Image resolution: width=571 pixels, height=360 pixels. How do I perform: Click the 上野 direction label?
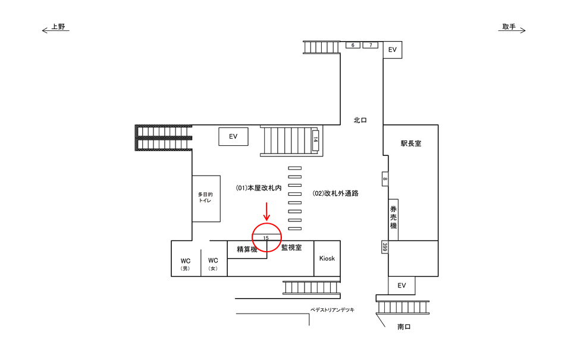tap(58, 27)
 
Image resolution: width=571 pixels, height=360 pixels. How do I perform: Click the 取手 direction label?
tap(509, 27)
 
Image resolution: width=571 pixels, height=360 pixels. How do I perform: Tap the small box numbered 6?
tap(353, 45)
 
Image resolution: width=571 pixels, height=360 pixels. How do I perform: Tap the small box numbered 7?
tap(371, 45)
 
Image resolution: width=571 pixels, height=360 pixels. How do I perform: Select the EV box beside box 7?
tap(393, 50)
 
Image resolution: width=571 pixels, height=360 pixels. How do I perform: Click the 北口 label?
tap(360, 120)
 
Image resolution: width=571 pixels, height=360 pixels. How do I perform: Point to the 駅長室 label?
tap(410, 143)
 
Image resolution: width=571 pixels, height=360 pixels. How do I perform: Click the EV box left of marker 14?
tap(233, 137)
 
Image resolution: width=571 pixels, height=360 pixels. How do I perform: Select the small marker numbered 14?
tap(315, 140)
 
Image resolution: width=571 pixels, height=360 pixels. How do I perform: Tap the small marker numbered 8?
tap(385, 179)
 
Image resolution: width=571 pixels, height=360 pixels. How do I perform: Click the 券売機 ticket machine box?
tap(393, 218)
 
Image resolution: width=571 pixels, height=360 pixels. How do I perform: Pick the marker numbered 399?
tap(385, 246)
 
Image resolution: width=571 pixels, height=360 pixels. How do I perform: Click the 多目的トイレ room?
tap(206, 198)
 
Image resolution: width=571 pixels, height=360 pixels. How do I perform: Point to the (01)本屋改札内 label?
tap(259, 187)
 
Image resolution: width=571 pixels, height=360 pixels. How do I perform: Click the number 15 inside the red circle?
tap(266, 238)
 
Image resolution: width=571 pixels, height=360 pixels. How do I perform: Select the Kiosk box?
tap(327, 258)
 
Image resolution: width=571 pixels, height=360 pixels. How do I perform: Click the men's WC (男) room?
tap(186, 263)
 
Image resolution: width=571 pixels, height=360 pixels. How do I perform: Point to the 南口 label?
tap(404, 327)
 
